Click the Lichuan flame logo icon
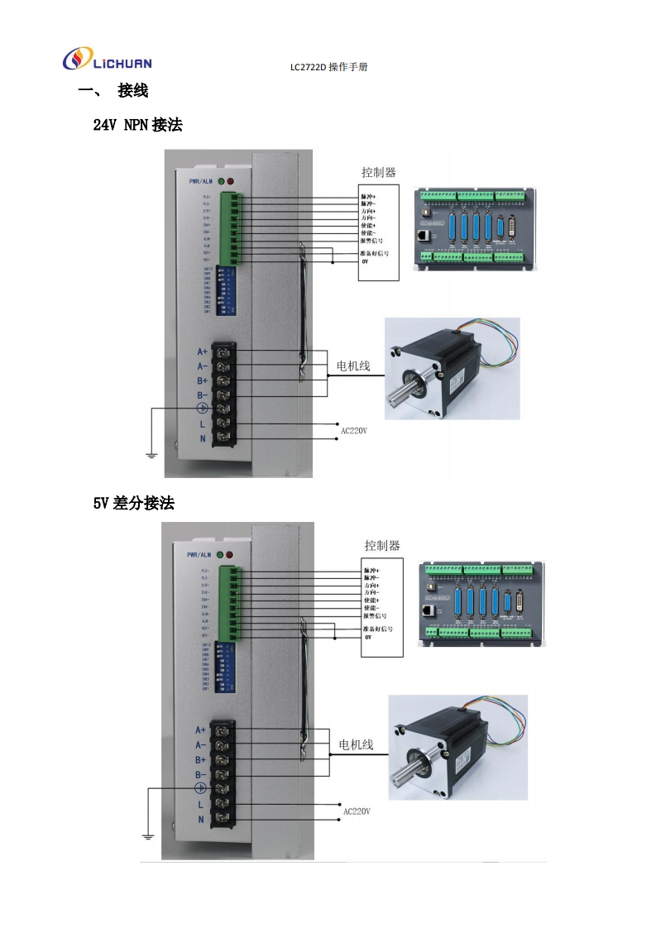pos(75,60)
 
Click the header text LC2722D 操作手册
pos(328,66)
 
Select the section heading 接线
pos(133,90)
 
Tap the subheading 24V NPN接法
pos(137,125)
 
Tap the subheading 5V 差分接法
pos(133,503)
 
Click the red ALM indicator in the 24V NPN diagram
pos(231,180)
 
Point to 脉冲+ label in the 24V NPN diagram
pos(369,196)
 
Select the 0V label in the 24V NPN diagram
pos(365,261)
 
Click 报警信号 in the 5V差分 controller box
pos(376,615)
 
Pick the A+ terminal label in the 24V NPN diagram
pos(202,351)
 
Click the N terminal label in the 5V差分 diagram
pos(200,819)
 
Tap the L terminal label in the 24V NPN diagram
pos(202,424)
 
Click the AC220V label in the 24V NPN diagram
pos(353,430)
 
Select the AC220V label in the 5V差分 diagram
pos(357,811)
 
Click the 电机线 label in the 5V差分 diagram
pos(357,744)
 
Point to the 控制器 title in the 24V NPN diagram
pos(378,173)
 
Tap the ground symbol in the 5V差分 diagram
pos(148,837)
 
